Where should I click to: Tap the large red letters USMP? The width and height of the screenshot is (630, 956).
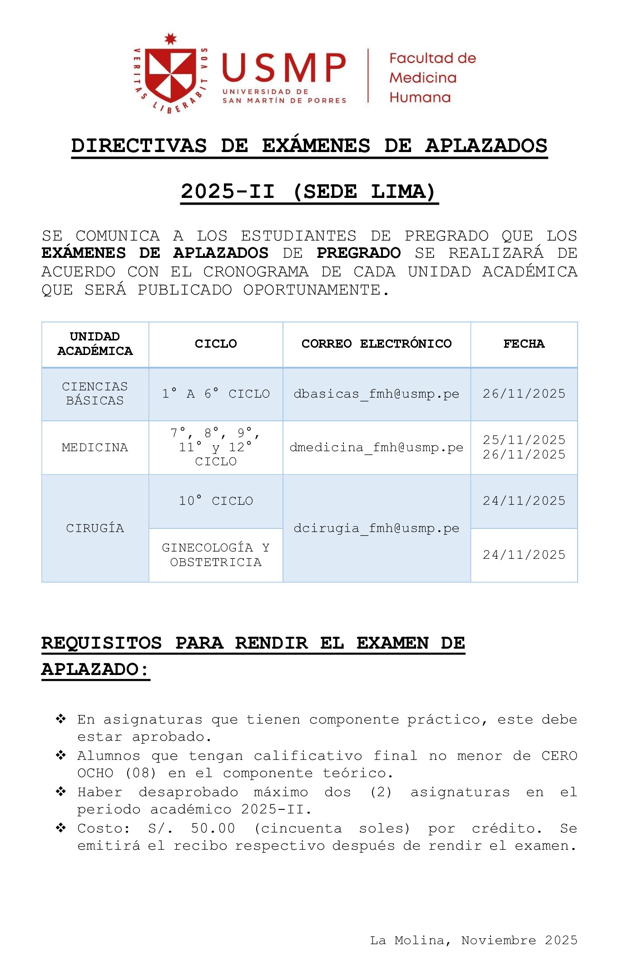[284, 68]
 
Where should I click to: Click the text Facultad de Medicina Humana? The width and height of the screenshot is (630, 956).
[432, 78]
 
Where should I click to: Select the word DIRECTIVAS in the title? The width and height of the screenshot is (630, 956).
[139, 146]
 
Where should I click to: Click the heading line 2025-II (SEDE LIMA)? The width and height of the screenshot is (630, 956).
[309, 192]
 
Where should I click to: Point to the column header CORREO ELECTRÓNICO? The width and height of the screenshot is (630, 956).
[377, 344]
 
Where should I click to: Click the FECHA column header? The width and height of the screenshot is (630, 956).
[524, 344]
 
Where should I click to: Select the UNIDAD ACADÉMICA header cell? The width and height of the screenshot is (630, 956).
[95, 344]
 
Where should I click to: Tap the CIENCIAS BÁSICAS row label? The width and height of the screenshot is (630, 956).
[95, 394]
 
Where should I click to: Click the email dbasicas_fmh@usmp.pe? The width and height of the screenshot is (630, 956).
[377, 394]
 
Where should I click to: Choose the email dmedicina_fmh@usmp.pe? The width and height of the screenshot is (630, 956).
[377, 448]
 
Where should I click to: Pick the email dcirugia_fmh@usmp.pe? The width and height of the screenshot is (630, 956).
[377, 528]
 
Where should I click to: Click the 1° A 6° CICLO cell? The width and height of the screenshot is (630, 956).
[216, 394]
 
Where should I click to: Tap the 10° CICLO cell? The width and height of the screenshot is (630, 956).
[216, 501]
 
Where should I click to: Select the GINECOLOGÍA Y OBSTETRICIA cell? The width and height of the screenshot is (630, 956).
[216, 555]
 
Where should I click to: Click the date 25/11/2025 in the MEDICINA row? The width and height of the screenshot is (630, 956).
[524, 440]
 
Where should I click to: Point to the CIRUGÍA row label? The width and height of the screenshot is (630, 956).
[95, 528]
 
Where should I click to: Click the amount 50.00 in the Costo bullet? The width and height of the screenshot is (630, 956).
[213, 828]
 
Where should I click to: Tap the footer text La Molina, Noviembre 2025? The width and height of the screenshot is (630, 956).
[473, 940]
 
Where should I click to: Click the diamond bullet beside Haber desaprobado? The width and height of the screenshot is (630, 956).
[61, 792]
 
